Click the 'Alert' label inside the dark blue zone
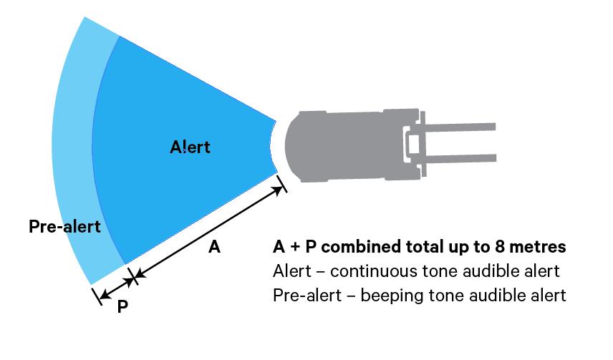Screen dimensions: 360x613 click(190, 147)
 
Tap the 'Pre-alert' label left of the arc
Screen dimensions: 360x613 click(64, 227)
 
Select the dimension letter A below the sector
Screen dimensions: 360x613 click(213, 248)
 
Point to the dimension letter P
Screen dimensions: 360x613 click(122, 306)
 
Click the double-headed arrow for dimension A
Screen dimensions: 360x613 click(208, 232)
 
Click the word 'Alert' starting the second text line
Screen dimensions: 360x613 click(291, 272)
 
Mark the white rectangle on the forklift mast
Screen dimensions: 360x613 click(413, 144)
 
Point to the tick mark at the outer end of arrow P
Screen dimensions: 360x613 click(96, 296)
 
